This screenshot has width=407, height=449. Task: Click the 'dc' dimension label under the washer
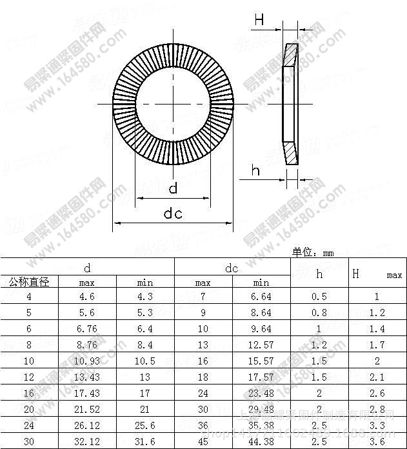173,214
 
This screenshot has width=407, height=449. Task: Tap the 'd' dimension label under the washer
173,188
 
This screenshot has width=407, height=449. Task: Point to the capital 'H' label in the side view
259,21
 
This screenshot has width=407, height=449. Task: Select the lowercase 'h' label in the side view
256,170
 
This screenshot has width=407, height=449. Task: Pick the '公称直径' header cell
29,282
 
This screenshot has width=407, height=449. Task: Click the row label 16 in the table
29,393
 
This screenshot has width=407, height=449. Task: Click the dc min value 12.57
261,345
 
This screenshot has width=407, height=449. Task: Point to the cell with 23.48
261,393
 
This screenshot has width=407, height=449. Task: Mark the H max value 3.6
377,441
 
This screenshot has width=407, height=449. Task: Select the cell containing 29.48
261,409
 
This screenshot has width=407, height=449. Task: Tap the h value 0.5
319,297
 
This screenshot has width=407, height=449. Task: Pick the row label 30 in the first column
29,441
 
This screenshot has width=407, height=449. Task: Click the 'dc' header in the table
232,268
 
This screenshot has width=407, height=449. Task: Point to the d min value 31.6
145,441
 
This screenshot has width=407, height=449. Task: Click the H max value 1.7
377,345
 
